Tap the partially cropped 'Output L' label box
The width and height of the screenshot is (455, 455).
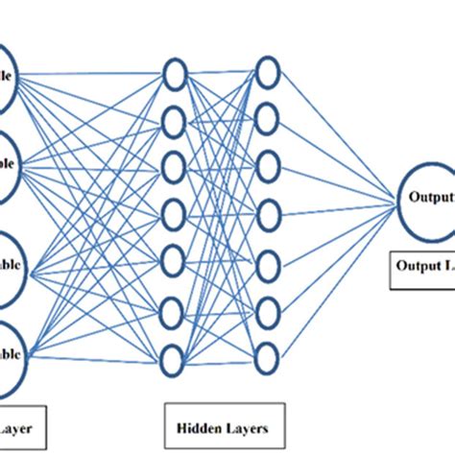(419, 272)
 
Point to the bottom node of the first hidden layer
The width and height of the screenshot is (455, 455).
(174, 359)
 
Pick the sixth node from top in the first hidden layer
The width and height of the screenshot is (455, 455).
(174, 312)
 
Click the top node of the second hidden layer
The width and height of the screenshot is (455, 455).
(267, 69)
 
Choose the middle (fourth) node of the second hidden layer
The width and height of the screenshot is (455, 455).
(267, 209)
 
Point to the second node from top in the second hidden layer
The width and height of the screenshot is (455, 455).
(267, 115)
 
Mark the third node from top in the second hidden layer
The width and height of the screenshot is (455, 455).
(267, 162)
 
